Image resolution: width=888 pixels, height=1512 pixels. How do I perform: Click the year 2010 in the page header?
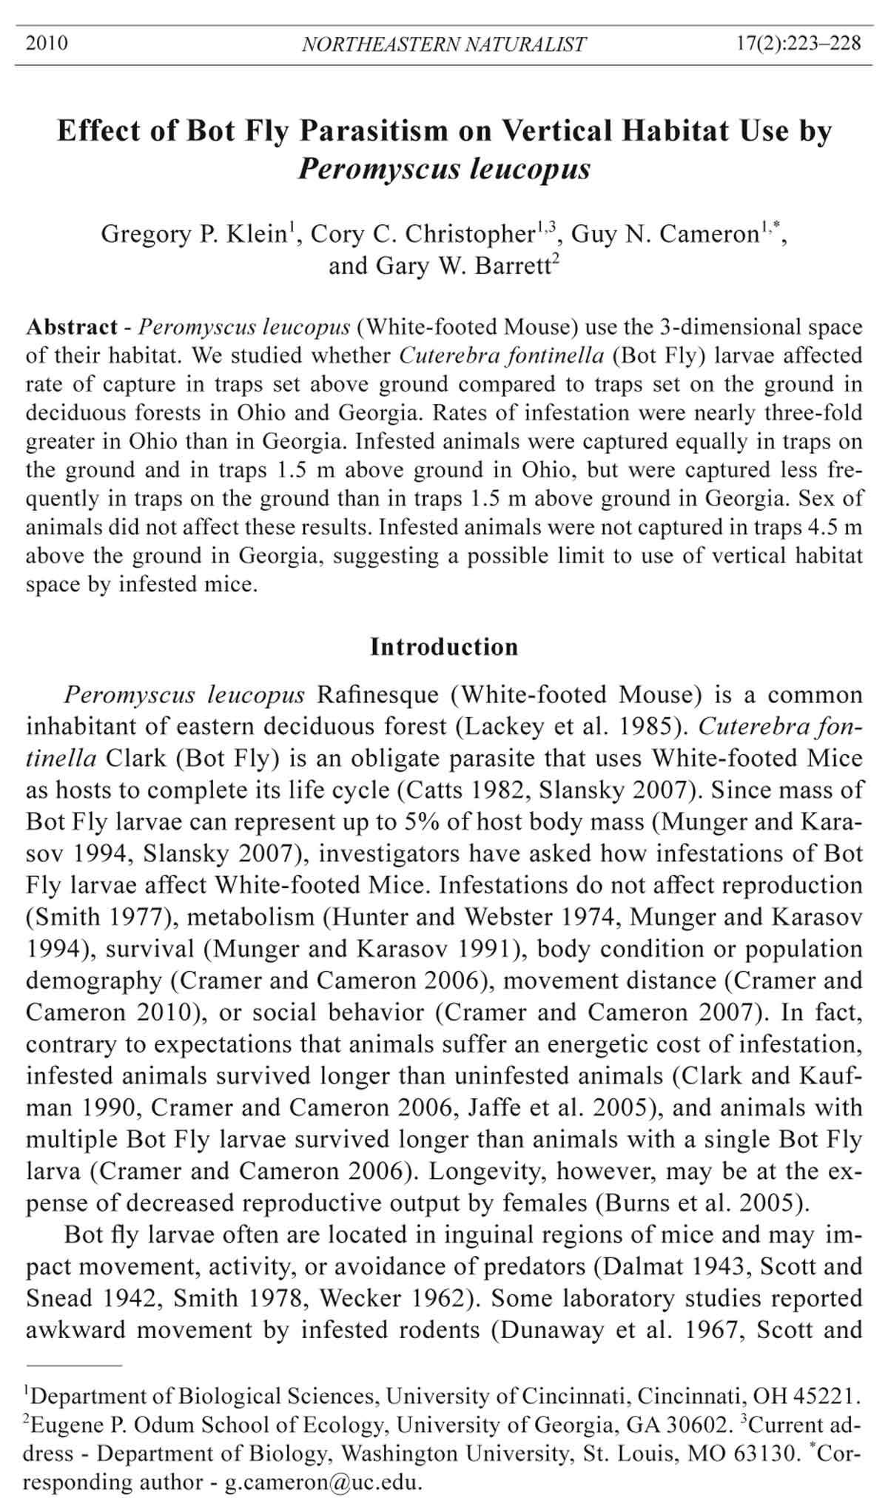coord(47,43)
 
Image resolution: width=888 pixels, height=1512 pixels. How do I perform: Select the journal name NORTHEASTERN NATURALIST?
coord(444,44)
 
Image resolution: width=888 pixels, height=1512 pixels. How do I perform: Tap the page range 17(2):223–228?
coord(798,43)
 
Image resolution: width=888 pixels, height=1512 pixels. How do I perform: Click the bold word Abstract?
coord(72,327)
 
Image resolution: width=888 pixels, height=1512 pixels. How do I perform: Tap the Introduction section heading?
coord(444,647)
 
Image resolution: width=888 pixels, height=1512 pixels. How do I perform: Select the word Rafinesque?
coord(377,695)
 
